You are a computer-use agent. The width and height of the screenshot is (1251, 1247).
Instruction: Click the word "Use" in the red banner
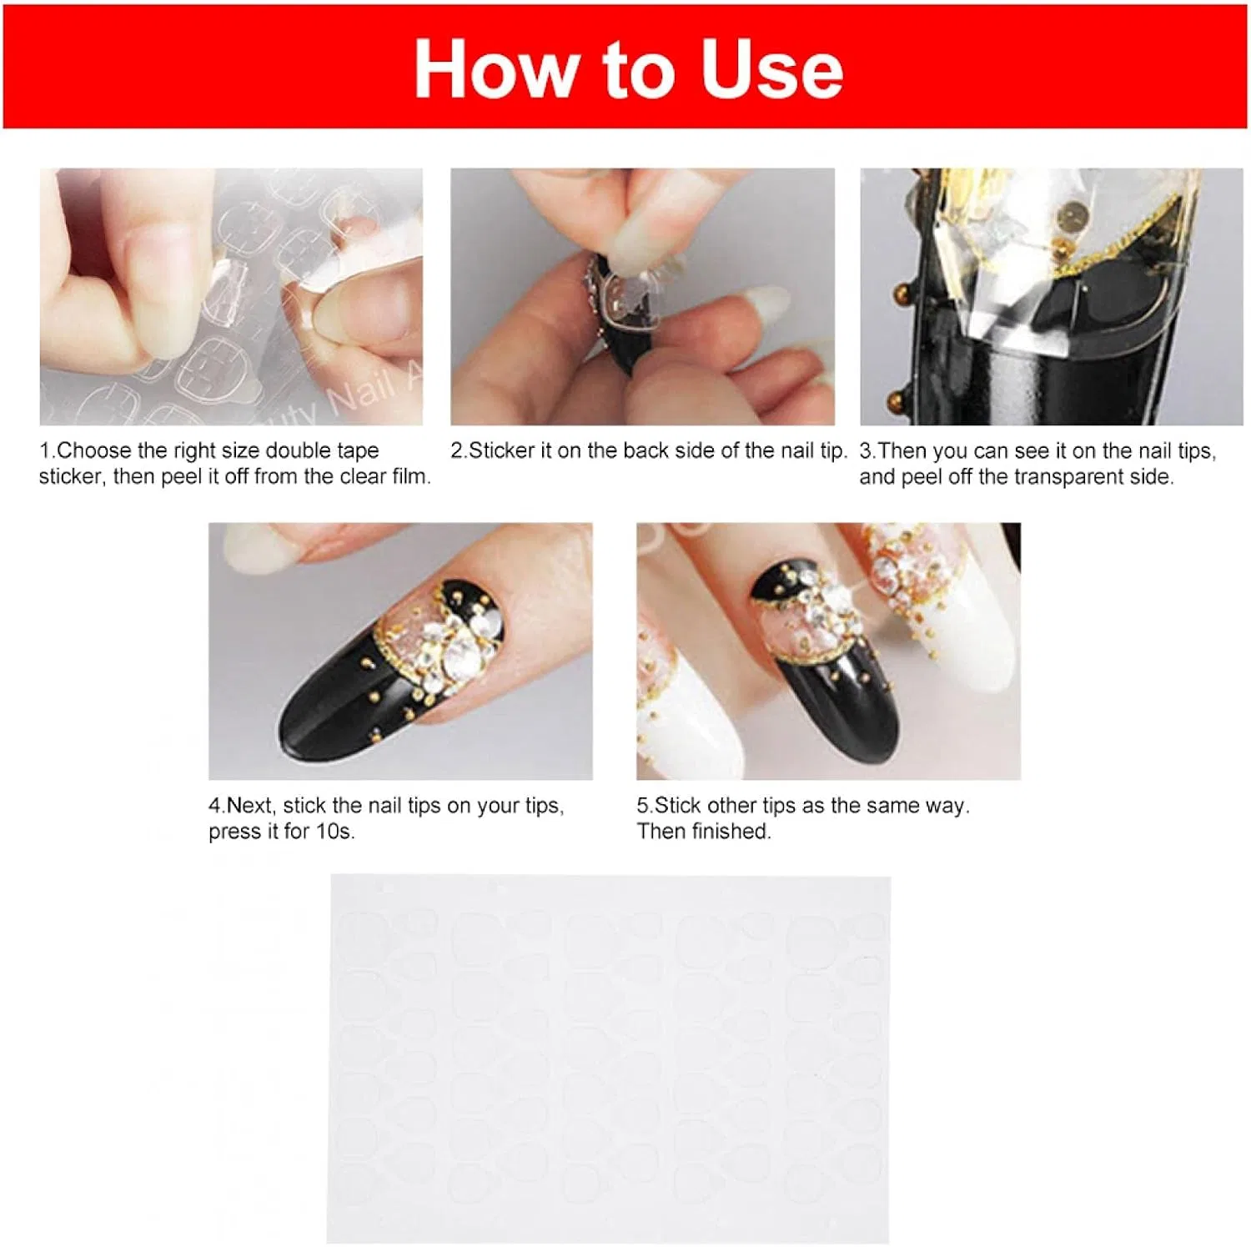pos(771,69)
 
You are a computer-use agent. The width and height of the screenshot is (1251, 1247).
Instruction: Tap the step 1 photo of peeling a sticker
pos(231,296)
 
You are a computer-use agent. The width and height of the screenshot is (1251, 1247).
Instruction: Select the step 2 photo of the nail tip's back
pos(642,296)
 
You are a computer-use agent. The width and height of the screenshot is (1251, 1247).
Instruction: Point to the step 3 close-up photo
pos(1052,296)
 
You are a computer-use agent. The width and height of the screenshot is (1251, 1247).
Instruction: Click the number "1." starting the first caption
pos(48,450)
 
